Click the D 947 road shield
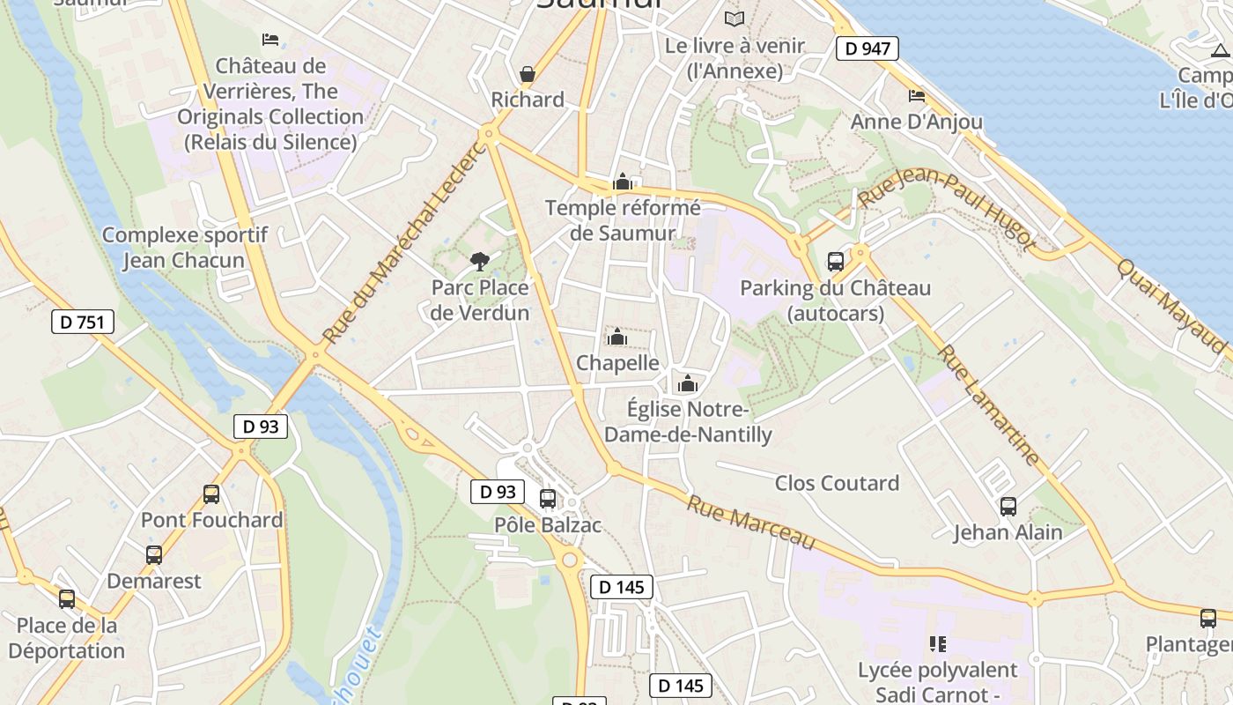pos(867,48)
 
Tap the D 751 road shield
pos(83,322)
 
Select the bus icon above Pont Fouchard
pos(211,494)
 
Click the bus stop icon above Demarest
pos(154,555)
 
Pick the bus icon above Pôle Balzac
pos(548,499)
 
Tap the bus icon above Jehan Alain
pos(1008,507)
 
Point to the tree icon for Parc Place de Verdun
pos(480,261)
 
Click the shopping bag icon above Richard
pos(528,74)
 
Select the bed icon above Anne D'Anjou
pos(917,95)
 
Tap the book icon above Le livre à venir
pos(734,19)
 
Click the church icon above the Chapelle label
pos(616,337)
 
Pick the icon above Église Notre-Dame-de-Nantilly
pos(688,383)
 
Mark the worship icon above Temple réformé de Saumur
pos(623,182)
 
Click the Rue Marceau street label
pos(751,522)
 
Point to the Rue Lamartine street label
pos(988,405)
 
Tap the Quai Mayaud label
pos(1170,305)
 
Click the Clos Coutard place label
pos(837,483)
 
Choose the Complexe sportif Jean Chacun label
pos(184,248)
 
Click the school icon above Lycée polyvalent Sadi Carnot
pos(938,644)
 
